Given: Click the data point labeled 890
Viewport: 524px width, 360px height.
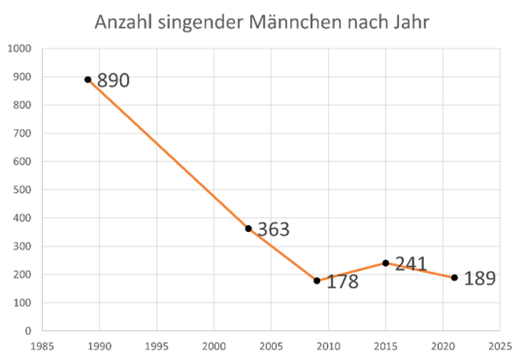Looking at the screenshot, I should tap(87, 80).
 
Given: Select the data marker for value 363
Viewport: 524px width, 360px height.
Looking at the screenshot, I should tap(248, 228).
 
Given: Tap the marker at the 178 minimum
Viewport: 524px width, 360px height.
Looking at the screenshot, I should tap(316, 280).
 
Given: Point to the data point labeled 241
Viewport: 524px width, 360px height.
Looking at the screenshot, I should tap(385, 263).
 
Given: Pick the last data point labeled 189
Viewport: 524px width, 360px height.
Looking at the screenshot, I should tap(454, 278).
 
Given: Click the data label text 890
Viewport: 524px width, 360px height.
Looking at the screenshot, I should tap(114, 81).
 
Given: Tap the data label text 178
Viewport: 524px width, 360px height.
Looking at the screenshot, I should tap(343, 283).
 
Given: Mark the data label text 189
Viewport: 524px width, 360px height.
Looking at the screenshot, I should tap(479, 278).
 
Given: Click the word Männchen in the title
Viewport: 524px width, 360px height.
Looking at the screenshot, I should tap(308, 22).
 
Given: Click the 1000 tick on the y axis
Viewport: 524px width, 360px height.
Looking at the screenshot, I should tap(19, 48).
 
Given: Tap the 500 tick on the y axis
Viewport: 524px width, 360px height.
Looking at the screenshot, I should tap(22, 189).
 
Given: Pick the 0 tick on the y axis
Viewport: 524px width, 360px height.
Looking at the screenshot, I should tap(28, 331).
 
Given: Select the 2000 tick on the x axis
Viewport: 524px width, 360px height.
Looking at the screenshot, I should tap(213, 344).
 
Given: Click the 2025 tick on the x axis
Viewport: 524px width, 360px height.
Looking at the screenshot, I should tap(500, 344).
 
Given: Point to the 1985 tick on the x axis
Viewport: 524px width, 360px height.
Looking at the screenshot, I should tap(42, 344).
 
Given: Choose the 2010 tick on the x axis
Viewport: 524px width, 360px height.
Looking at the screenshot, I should tap(328, 344).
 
